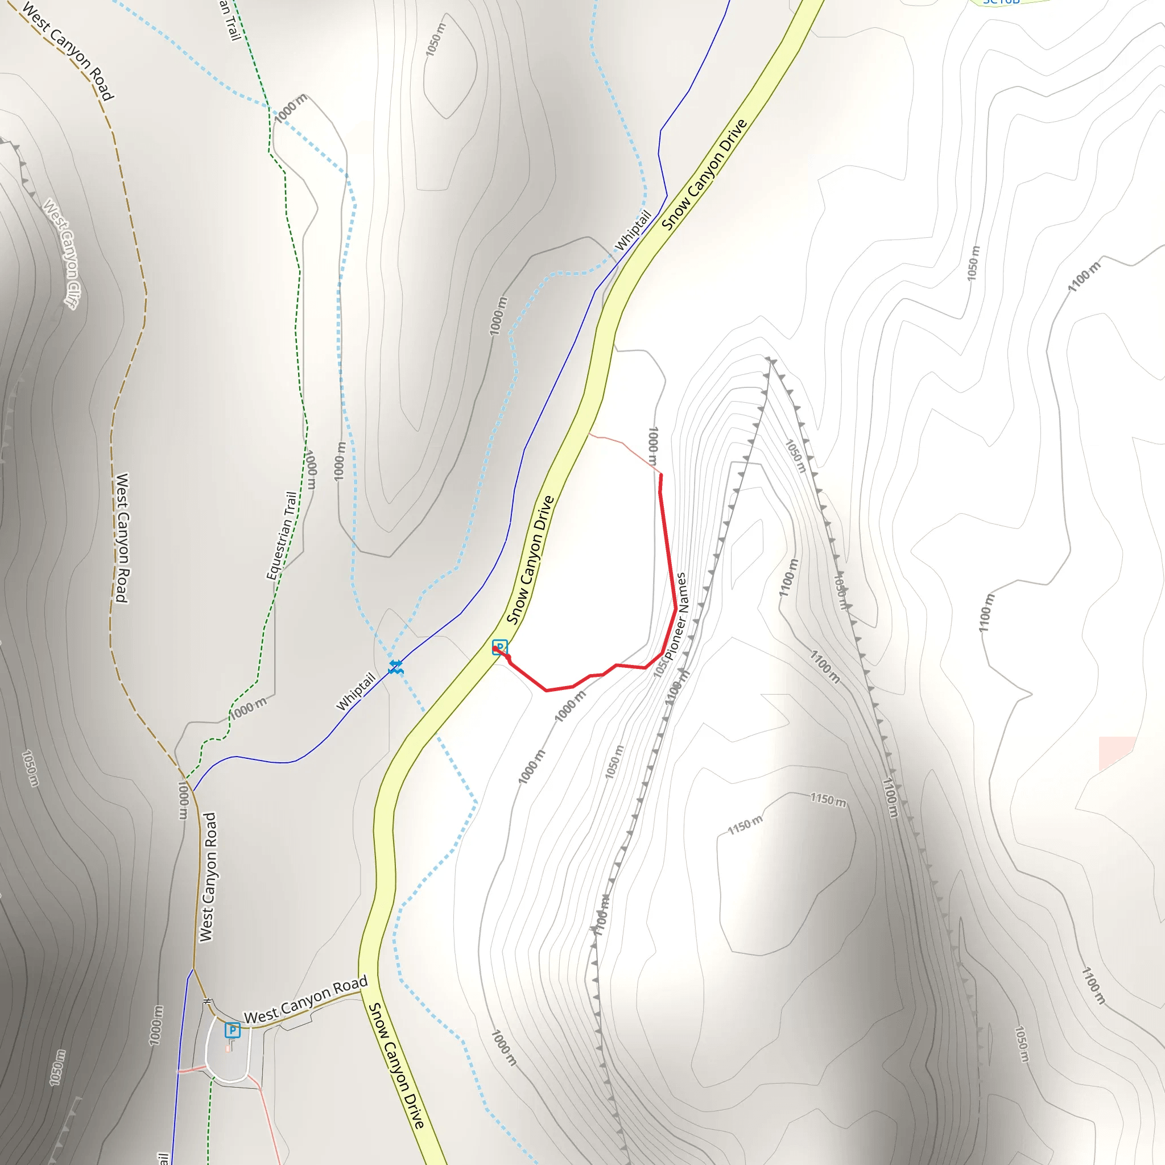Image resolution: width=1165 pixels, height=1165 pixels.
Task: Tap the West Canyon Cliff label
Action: [x=60, y=254]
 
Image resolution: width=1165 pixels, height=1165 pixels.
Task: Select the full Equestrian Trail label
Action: [x=282, y=535]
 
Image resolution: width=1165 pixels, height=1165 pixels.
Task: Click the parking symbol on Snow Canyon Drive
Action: [x=499, y=647]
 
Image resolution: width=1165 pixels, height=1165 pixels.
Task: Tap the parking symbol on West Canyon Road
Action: [x=232, y=1030]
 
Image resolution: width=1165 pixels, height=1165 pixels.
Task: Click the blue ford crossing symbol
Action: [x=395, y=666]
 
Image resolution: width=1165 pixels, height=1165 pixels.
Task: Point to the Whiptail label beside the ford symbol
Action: [x=355, y=691]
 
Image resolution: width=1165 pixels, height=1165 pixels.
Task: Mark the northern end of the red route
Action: [x=661, y=476]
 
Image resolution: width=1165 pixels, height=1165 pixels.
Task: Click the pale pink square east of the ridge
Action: [x=1117, y=752]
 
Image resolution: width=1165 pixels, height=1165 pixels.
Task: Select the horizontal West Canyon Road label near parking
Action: [x=305, y=1001]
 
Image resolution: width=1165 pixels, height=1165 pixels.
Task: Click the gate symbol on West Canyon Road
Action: [x=208, y=1002]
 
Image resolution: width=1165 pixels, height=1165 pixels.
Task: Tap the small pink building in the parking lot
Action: [x=229, y=1048]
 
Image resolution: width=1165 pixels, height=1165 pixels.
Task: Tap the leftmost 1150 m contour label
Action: [x=745, y=825]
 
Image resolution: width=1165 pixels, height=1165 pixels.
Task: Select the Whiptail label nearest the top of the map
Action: [x=633, y=230]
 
